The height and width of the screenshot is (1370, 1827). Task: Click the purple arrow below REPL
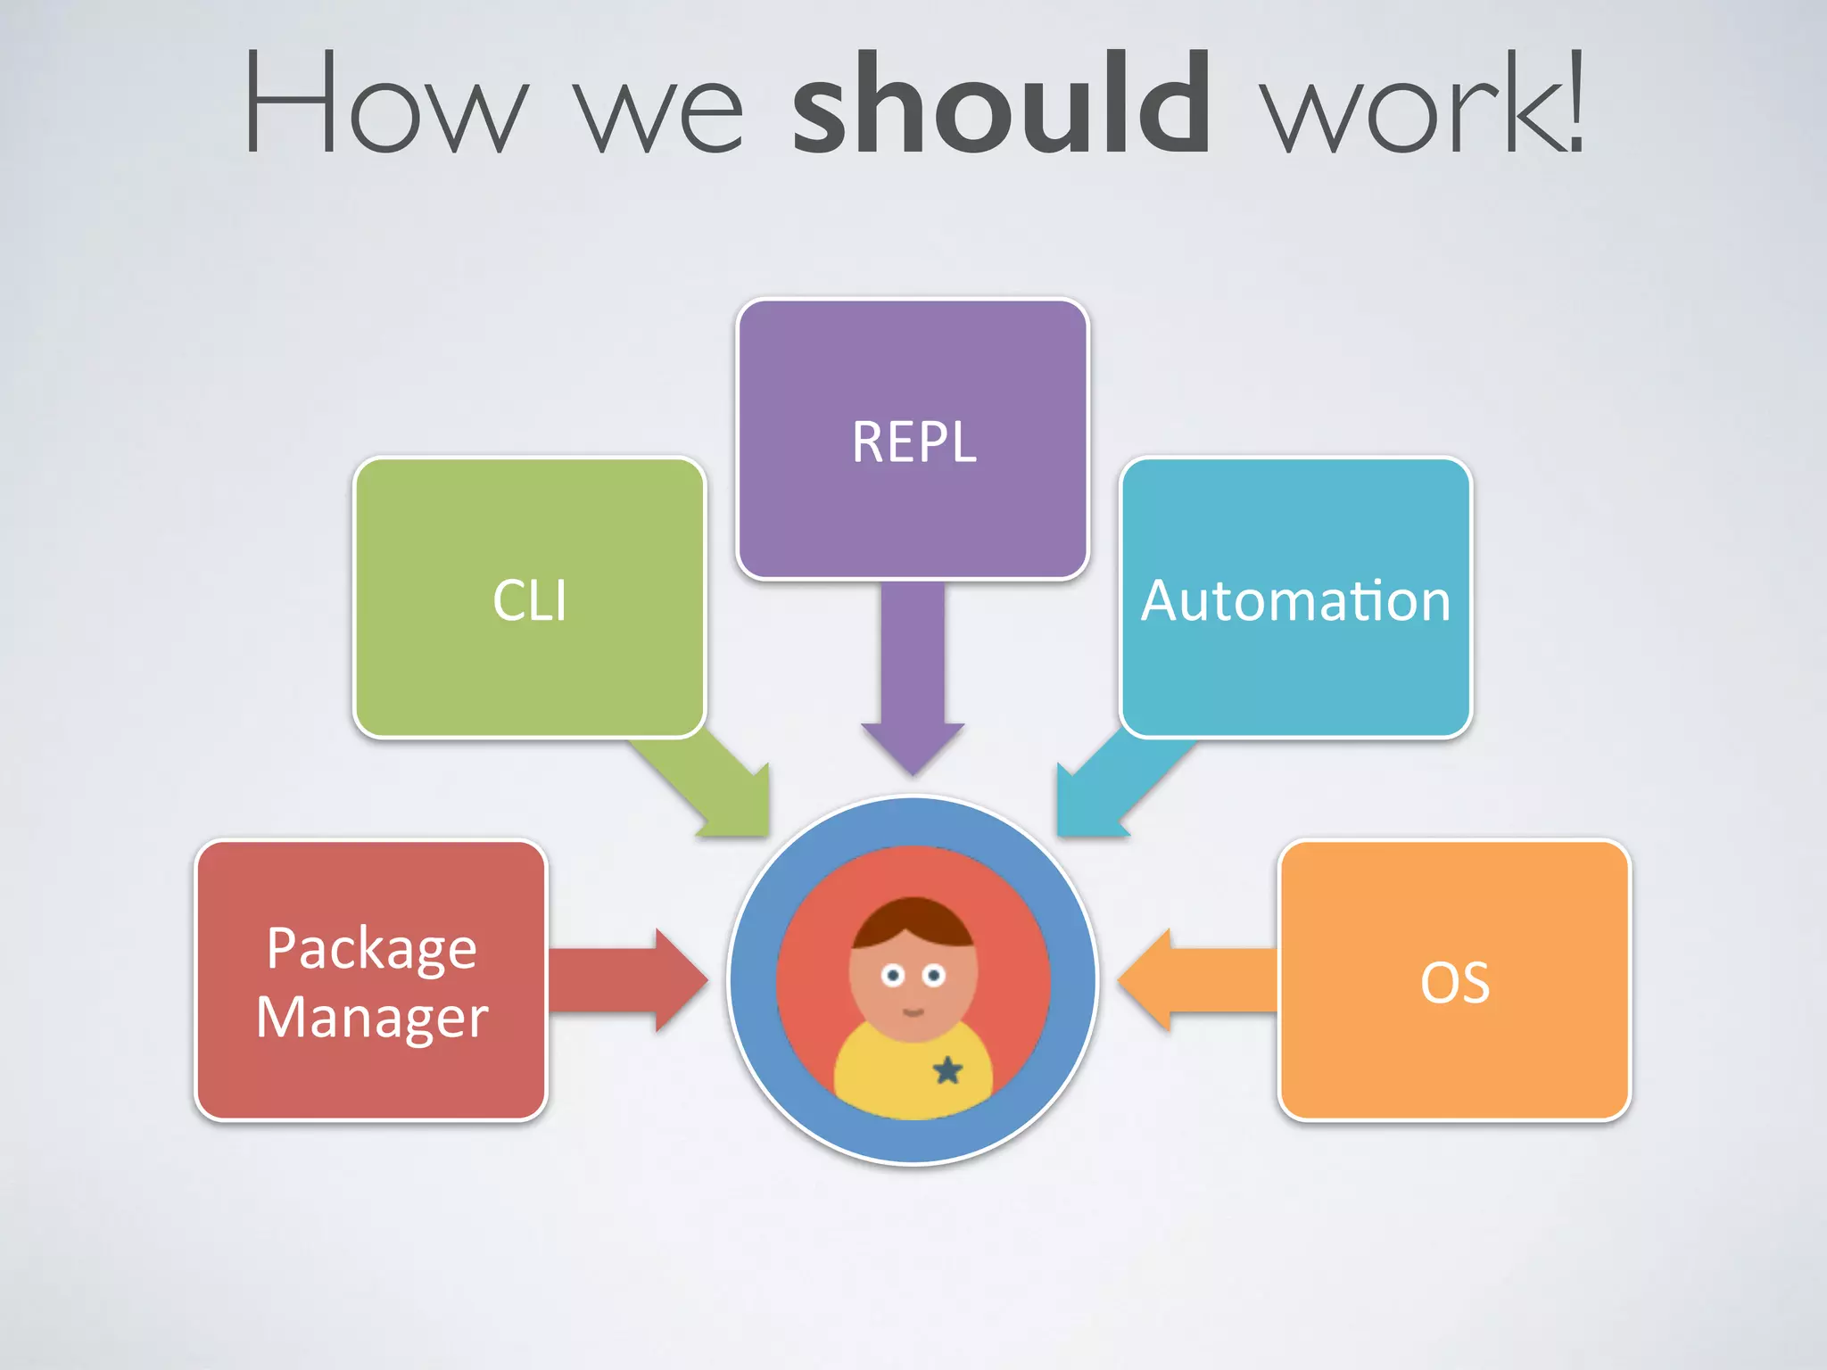click(x=913, y=678)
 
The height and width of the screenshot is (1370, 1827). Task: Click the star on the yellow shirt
click(x=947, y=1069)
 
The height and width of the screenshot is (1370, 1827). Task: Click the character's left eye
click(x=893, y=975)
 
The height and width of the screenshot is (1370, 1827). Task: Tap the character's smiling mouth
click(x=913, y=1011)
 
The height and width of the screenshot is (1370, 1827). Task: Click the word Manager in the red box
click(x=372, y=1017)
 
